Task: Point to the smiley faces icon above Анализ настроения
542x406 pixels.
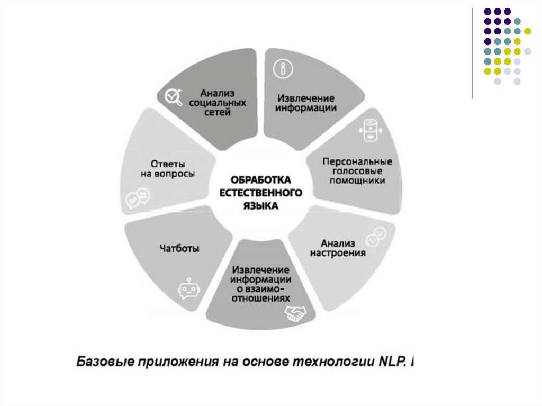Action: pos(377,236)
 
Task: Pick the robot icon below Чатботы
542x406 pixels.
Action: pos(186,290)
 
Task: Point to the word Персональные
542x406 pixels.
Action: pos(357,161)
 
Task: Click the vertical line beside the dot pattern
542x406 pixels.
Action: pos(472,53)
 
